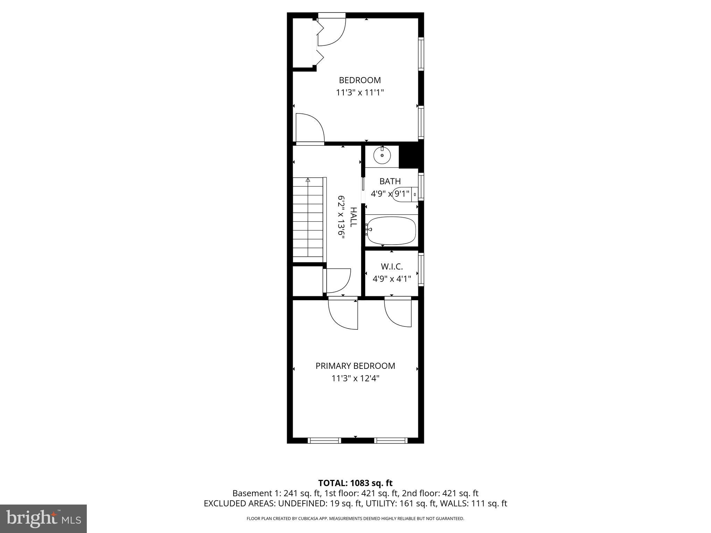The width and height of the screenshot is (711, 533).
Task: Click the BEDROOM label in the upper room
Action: click(x=360, y=80)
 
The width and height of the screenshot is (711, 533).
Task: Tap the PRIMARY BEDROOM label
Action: click(x=355, y=366)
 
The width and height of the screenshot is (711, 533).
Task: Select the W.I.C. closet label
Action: click(x=392, y=266)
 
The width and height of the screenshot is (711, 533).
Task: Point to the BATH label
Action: click(x=390, y=181)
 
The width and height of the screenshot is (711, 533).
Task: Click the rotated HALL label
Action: click(x=353, y=217)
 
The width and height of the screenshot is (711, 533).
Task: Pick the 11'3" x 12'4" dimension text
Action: click(x=355, y=378)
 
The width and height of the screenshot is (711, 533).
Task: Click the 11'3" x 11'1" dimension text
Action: click(x=360, y=93)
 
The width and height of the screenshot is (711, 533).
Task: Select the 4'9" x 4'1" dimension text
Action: click(x=392, y=278)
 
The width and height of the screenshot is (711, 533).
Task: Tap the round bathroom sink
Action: click(x=382, y=156)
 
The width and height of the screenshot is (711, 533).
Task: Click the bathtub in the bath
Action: click(x=391, y=230)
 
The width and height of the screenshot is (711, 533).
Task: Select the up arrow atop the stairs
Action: click(x=308, y=180)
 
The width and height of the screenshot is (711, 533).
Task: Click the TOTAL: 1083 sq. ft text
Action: click(x=355, y=483)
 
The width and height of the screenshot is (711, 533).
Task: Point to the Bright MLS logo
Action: click(x=43, y=518)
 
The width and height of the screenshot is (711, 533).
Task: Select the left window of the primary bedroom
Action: click(x=325, y=441)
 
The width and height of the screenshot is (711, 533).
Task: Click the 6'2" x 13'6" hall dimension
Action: click(x=341, y=216)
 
